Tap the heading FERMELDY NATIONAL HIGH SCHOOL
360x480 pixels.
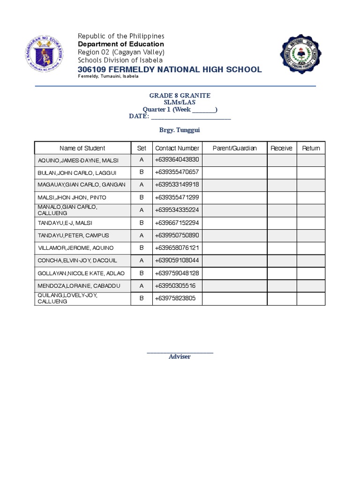(x=170, y=70)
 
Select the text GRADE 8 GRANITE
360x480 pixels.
(x=180, y=96)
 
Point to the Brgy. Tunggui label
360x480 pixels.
(x=180, y=130)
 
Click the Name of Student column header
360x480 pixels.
(x=82, y=148)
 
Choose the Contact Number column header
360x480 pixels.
(x=177, y=148)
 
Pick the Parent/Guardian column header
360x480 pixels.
(x=234, y=148)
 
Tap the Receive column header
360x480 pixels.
(x=282, y=148)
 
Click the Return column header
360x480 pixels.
(x=311, y=148)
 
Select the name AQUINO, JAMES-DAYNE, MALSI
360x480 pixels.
(x=78, y=161)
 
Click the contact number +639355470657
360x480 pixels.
(x=177, y=172)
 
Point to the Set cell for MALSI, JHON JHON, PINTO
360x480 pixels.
(x=142, y=197)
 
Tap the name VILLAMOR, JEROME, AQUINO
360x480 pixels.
(x=76, y=247)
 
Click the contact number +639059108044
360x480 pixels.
(x=177, y=260)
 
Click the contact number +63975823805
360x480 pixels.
(x=175, y=298)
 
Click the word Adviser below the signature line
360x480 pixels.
(x=180, y=357)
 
